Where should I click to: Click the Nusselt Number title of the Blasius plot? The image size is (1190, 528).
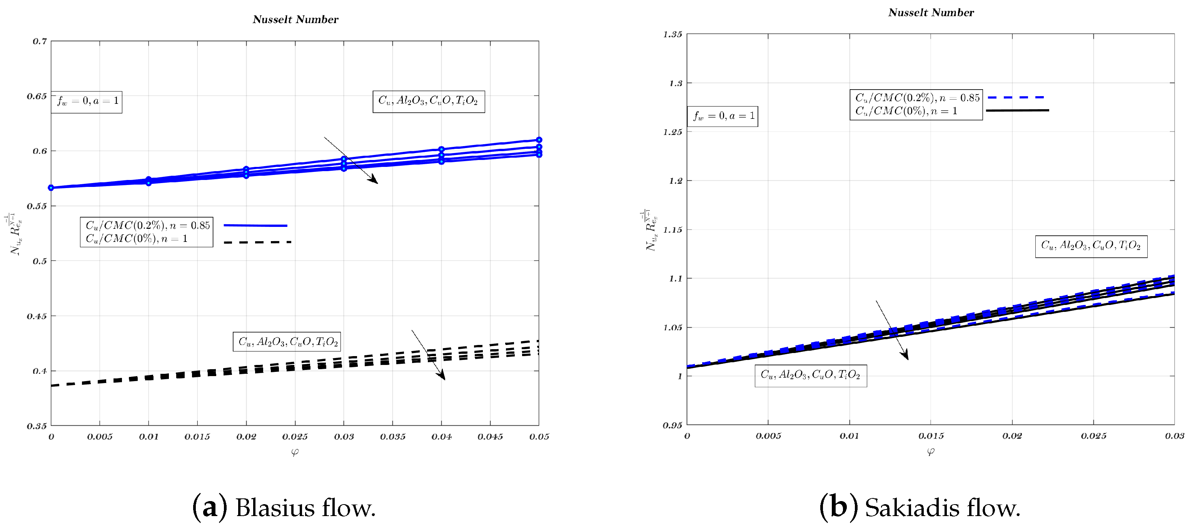point(295,19)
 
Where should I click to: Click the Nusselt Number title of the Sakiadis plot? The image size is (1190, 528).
point(930,12)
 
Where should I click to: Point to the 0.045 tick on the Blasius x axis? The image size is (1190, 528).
point(490,436)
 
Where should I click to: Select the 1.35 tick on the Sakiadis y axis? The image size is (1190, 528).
point(672,35)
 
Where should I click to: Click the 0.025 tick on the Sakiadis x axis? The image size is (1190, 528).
point(1093,436)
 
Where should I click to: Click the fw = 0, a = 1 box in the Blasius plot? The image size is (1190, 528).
point(87,101)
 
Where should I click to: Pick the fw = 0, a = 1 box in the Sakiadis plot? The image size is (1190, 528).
point(723,116)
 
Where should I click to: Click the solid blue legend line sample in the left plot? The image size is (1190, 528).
point(255,226)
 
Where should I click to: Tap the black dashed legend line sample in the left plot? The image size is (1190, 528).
point(257,242)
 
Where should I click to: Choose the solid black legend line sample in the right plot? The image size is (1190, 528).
point(1017,110)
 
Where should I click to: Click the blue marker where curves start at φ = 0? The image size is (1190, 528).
point(51,188)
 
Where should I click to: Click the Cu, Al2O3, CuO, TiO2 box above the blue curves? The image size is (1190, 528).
point(428,101)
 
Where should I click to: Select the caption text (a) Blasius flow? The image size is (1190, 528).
point(284,507)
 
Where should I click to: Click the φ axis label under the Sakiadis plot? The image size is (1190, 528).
point(930,452)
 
